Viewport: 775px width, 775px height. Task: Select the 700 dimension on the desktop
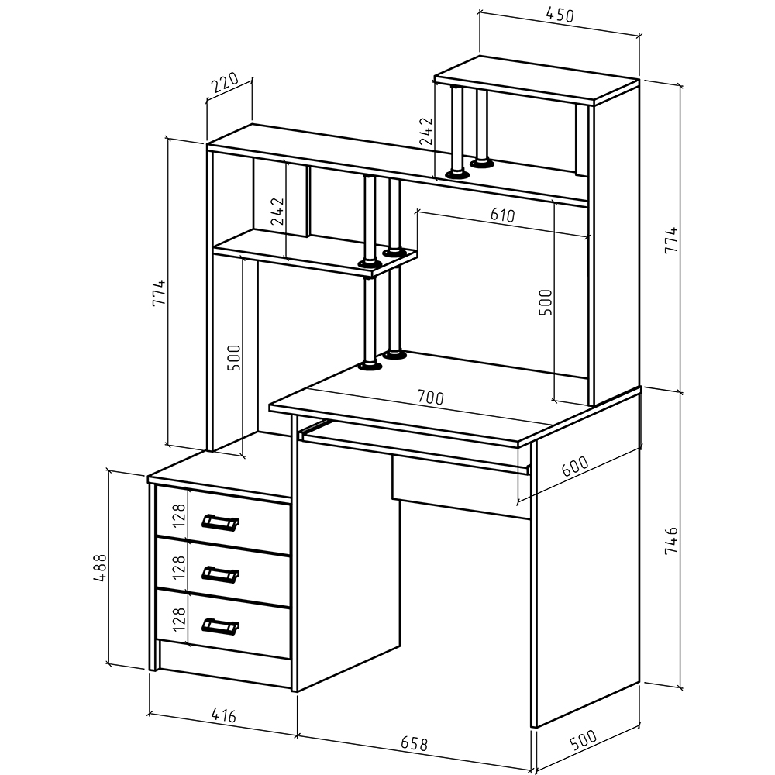[x=429, y=398]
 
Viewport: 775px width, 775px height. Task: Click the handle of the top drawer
[x=220, y=522]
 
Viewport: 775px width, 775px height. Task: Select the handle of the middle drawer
[x=220, y=573]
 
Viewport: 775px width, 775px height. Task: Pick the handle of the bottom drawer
[x=220, y=625]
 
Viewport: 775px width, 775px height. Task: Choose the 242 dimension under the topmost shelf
[x=425, y=131]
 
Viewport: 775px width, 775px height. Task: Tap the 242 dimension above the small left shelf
[x=278, y=211]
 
